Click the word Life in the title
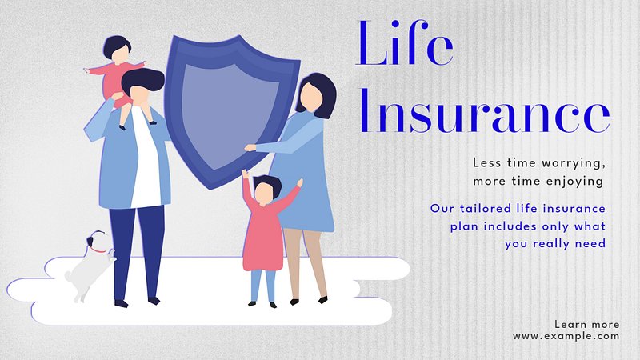(x=405, y=43)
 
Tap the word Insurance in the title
(x=485, y=111)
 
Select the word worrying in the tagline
(x=573, y=163)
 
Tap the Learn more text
(x=587, y=325)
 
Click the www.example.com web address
(x=566, y=336)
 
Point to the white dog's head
(x=97, y=242)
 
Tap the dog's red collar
(x=98, y=250)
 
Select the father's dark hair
(x=143, y=81)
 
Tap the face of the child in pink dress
(x=263, y=194)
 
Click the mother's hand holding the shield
(x=250, y=147)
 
